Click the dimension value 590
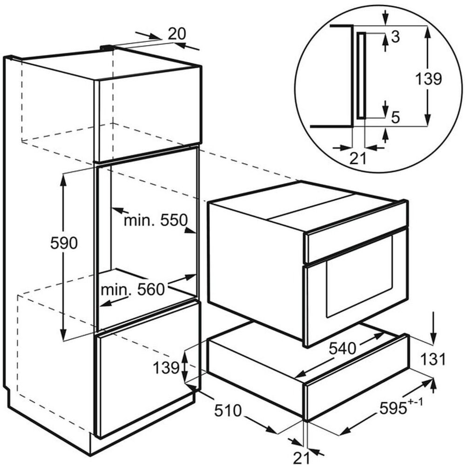pyautogui.click(x=64, y=243)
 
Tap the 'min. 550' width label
pyautogui.click(x=155, y=220)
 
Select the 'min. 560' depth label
pyautogui.click(x=133, y=290)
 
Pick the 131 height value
pyautogui.click(x=433, y=359)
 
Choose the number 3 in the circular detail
pyautogui.click(x=396, y=38)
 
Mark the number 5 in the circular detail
pyautogui.click(x=395, y=117)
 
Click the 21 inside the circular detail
pyautogui.click(x=358, y=159)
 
